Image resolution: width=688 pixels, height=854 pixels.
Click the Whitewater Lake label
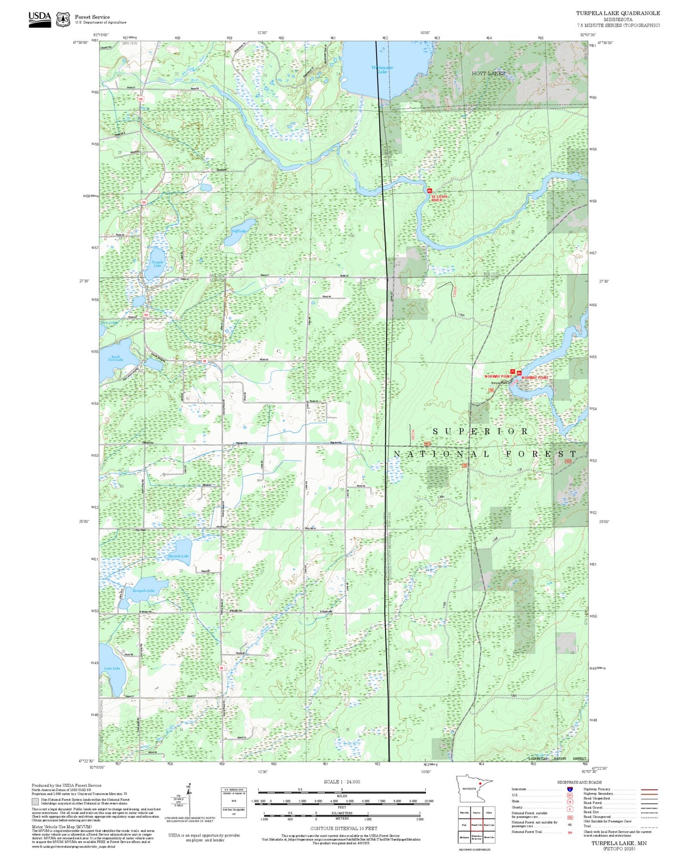382,70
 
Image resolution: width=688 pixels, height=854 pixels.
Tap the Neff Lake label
239,231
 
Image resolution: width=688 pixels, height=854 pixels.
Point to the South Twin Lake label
116,358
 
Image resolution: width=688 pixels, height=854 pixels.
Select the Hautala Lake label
179,556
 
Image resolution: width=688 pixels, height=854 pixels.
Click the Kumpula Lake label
143,590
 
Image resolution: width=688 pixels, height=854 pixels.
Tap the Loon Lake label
112,668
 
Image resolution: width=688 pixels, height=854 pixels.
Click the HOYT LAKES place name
488,73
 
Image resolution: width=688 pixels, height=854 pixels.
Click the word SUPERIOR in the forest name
480,431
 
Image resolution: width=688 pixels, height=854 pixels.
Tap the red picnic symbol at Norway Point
513,371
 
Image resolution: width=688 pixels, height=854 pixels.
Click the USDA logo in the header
40,19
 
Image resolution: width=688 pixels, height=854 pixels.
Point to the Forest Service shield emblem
63,20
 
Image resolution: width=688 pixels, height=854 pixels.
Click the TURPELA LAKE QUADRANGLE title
618,13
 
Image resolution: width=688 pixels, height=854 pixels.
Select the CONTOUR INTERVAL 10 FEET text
343,828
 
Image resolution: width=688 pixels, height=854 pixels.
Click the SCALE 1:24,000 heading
342,782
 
